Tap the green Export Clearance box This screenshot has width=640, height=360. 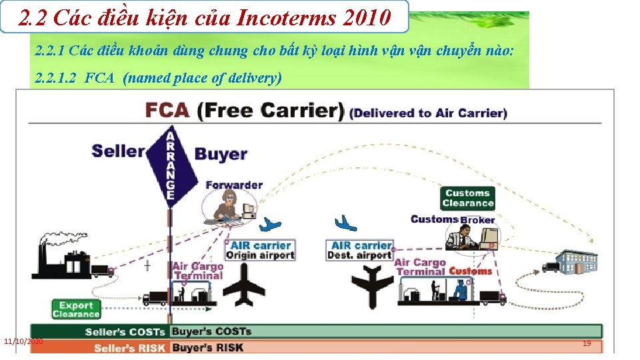[75, 309]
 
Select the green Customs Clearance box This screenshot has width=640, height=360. [467, 198]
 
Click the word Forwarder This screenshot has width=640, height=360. [234, 185]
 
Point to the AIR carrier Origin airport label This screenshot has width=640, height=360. [259, 250]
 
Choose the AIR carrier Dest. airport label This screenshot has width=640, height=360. [361, 250]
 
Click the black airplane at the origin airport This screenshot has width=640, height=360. [243, 284]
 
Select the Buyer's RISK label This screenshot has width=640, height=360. [207, 347]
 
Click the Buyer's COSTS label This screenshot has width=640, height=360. [211, 331]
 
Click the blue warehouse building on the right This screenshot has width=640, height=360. [577, 262]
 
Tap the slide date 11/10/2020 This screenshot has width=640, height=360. [23, 341]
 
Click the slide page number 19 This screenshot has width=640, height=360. [587, 343]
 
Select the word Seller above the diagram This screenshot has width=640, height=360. [118, 150]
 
